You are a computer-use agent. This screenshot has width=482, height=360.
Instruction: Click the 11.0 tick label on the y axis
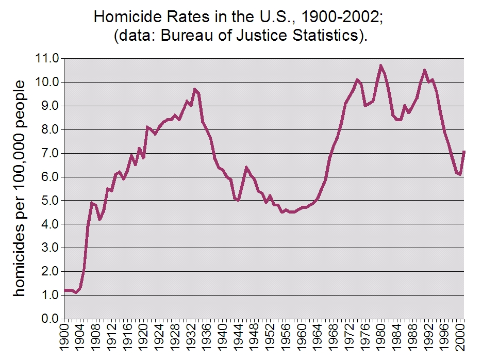coord(48,58)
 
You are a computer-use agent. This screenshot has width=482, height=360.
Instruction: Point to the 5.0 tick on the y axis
coord(48,200)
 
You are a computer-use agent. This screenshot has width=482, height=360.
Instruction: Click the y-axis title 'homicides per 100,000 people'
coord(20,188)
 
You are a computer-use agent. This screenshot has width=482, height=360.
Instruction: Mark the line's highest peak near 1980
coord(380,66)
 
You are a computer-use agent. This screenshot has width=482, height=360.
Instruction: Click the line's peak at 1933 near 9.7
coord(195,89)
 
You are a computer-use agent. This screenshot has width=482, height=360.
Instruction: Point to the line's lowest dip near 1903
coord(76,292)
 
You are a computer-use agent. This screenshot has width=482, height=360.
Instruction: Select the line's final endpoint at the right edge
coord(464,152)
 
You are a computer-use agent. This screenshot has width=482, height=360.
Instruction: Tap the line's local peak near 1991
coord(424,70)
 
